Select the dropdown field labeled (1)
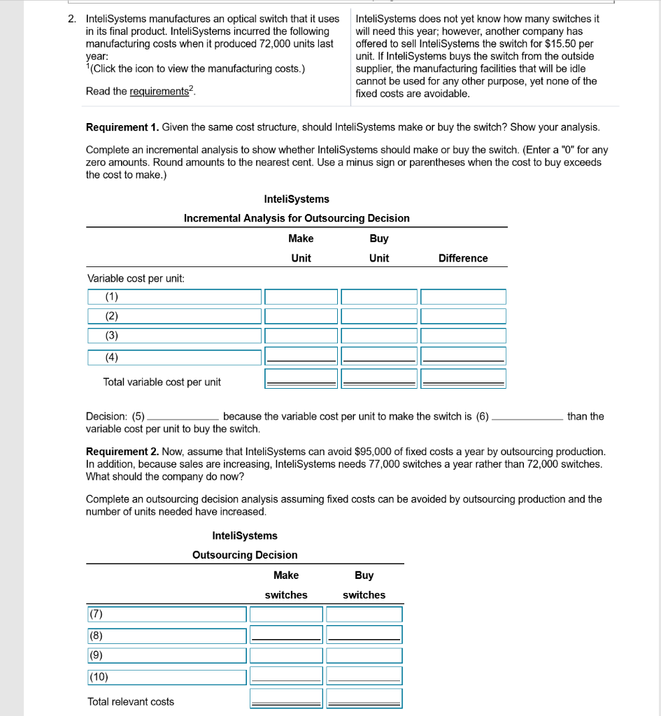(x=174, y=297)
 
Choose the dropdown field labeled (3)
(x=174, y=336)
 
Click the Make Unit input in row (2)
(x=301, y=317)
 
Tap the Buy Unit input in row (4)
(x=378, y=355)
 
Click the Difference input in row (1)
(x=463, y=297)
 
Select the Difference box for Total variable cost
(x=463, y=378)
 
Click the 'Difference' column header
(x=463, y=259)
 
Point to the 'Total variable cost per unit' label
(x=162, y=382)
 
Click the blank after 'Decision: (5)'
(x=183, y=417)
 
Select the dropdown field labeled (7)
(x=166, y=614)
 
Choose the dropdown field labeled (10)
(x=166, y=677)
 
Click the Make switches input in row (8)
(x=287, y=635)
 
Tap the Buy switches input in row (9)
(x=364, y=656)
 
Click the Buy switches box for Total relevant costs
(x=364, y=699)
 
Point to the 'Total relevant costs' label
(x=131, y=701)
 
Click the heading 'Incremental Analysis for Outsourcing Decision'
(x=297, y=218)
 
